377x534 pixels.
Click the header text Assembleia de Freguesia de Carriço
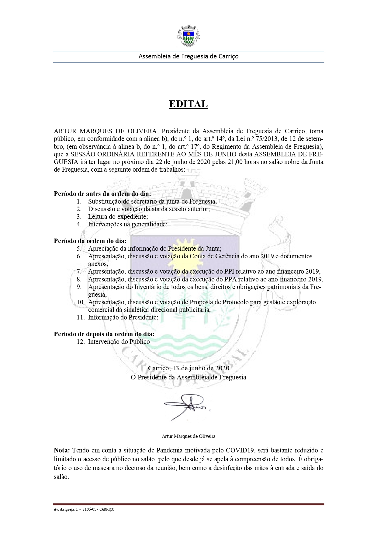tap(188, 56)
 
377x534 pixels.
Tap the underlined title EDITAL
tap(188, 104)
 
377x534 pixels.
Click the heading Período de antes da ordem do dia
tap(102, 194)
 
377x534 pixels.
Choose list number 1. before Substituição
tap(79, 201)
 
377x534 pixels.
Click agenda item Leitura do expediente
tap(118, 217)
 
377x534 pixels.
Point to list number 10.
tap(80, 302)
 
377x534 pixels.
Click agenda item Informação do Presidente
tap(123, 317)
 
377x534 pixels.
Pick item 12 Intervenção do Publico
tap(119, 342)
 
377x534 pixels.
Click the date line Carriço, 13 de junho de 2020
tap(188, 368)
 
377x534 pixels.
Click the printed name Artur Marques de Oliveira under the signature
tap(188, 436)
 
